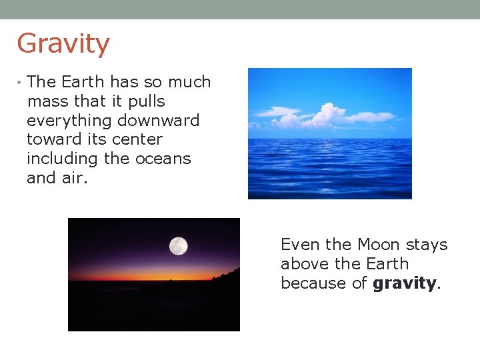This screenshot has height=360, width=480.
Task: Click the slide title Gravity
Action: click(x=63, y=44)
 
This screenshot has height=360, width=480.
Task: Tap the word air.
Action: click(x=76, y=179)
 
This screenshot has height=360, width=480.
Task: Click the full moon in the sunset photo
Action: click(x=178, y=246)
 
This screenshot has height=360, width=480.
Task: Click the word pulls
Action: click(x=147, y=102)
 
